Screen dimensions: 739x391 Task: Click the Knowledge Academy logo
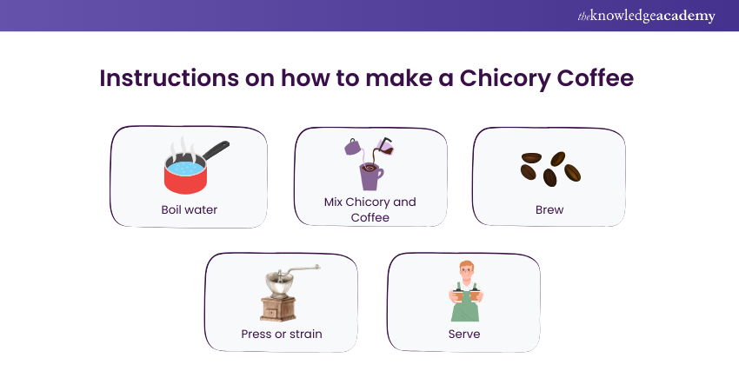tap(646, 16)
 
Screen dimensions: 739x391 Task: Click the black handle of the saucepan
tap(216, 149)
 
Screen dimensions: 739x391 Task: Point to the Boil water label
tap(189, 209)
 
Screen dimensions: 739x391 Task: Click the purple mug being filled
tap(371, 176)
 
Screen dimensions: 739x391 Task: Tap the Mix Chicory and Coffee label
tap(370, 209)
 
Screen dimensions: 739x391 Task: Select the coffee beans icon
tap(550, 169)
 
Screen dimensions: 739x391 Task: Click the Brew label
tap(549, 209)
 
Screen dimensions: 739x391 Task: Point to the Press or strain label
tap(282, 334)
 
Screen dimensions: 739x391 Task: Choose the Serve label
tap(464, 334)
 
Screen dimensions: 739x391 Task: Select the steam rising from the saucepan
tap(183, 149)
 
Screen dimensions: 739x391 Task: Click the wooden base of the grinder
tap(278, 309)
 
